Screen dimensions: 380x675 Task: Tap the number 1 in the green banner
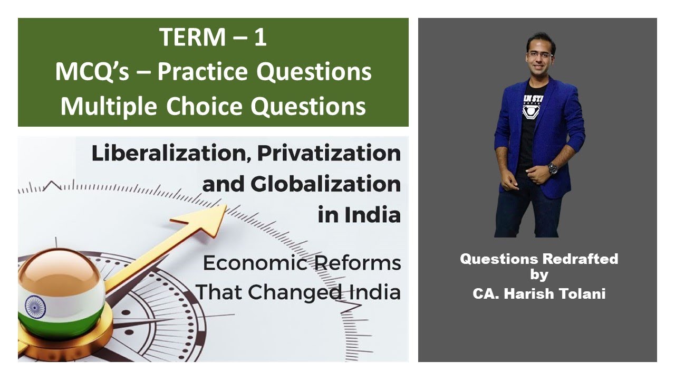pos(260,39)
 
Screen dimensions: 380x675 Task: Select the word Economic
pos(251,263)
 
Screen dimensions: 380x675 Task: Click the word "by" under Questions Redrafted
pos(538,275)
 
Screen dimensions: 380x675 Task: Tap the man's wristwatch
pos(552,168)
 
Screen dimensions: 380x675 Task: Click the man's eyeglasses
pos(539,54)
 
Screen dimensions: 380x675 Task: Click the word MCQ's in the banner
pos(92,72)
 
